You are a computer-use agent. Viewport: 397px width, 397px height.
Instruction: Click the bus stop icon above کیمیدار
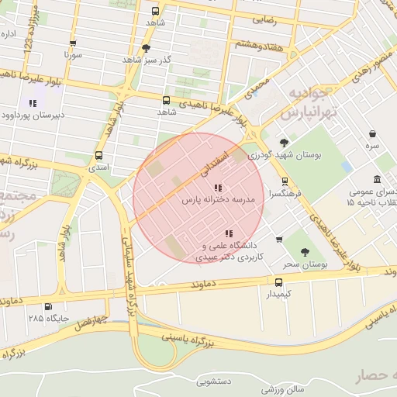click(279, 282)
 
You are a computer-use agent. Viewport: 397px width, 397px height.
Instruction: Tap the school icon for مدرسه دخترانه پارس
click(218, 187)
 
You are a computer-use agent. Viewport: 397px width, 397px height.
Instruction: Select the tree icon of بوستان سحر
click(304, 251)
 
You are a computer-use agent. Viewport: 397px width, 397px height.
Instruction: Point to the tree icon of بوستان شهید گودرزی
click(284, 142)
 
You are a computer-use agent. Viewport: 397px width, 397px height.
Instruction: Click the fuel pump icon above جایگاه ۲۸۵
click(49, 306)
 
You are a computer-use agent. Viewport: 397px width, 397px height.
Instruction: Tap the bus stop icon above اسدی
click(99, 155)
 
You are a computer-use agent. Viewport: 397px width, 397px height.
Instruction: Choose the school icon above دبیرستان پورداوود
click(33, 103)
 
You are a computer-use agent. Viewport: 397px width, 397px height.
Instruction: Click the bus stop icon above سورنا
click(73, 44)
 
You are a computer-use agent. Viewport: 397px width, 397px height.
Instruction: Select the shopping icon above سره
click(373, 133)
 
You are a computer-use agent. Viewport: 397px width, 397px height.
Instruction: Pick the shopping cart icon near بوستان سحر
click(279, 239)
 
